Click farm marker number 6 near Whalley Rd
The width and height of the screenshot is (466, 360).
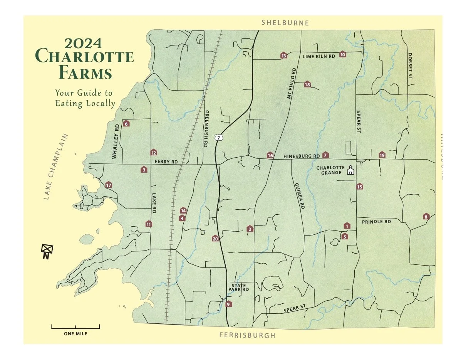click(x=126, y=124)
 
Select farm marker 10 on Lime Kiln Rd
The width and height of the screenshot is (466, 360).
click(x=342, y=54)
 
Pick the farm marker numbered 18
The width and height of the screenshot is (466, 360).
click(x=307, y=84)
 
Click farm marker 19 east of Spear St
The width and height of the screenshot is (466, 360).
click(x=382, y=155)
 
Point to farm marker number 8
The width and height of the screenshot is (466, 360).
click(x=426, y=217)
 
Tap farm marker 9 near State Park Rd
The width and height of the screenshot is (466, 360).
click(x=228, y=304)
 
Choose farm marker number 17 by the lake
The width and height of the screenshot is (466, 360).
click(x=109, y=185)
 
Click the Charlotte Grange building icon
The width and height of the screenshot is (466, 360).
click(x=350, y=170)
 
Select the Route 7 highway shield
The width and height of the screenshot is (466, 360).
click(x=219, y=138)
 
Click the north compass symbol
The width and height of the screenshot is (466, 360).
click(x=47, y=251)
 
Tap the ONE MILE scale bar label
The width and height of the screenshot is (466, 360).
click(x=75, y=334)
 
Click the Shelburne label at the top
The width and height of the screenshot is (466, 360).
click(x=285, y=23)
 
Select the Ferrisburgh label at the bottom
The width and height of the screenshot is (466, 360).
click(x=247, y=335)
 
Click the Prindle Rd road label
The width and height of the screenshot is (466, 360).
click(x=376, y=222)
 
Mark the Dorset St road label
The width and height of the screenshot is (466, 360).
click(x=410, y=66)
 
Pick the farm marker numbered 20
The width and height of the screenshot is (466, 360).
click(x=216, y=239)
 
